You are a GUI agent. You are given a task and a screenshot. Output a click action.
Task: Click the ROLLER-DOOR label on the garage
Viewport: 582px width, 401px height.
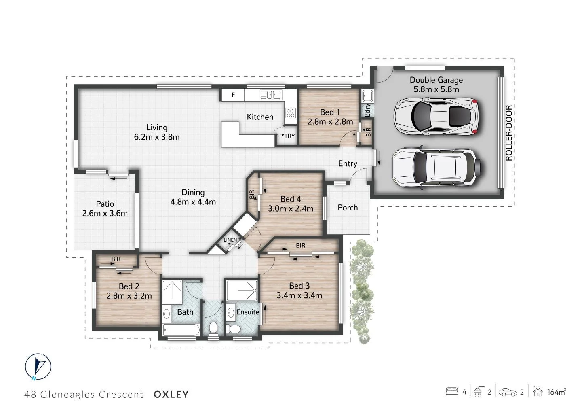tap(509, 133)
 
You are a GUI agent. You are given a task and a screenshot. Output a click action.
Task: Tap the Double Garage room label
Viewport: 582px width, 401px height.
tap(436, 80)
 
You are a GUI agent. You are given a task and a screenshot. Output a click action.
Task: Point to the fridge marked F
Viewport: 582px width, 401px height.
tap(233, 95)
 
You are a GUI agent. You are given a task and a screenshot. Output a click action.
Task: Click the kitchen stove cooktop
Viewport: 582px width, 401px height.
tap(290, 112)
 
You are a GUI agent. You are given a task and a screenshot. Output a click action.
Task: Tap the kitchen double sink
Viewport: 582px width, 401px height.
tap(271, 95)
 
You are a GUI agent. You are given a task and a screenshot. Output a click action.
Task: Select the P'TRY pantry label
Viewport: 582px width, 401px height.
tap(287, 136)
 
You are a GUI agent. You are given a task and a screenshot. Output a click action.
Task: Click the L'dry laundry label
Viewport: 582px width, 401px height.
tap(367, 110)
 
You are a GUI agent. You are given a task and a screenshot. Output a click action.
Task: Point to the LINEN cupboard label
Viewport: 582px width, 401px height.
tap(230, 240)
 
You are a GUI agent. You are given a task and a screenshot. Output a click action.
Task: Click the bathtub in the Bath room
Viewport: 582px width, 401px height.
tap(181, 329)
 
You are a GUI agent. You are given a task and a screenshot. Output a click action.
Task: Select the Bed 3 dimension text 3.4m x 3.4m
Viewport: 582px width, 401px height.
tap(299, 295)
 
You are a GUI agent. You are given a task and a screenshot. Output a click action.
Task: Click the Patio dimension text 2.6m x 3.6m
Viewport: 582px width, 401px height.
tap(105, 213)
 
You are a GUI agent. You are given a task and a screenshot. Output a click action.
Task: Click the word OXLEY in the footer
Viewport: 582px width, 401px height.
tap(171, 394)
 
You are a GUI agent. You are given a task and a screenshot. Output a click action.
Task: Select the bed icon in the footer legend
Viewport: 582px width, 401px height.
tap(452, 392)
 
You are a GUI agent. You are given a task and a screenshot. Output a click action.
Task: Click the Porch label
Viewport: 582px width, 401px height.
tap(348, 208)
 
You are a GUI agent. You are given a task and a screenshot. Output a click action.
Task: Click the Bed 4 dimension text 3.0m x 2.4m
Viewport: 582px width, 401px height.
tap(291, 209)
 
